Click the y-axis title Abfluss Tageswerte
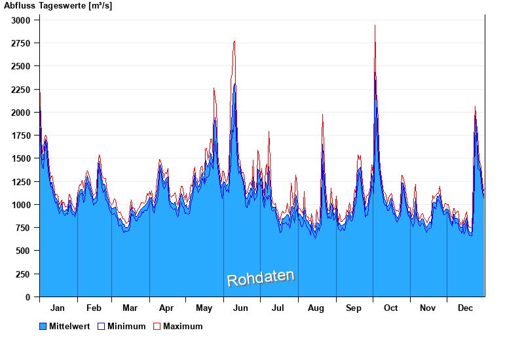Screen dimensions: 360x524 click(x=58, y=6)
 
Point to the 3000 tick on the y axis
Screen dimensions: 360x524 click(x=22, y=20)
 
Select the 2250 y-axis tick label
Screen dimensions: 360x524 click(x=22, y=90)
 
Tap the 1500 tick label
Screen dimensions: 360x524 click(x=22, y=159)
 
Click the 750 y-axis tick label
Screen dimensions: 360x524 click(x=24, y=228)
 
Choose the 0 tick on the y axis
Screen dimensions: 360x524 click(x=28, y=297)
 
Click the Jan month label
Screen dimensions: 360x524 click(x=58, y=308)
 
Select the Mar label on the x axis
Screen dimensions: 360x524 click(x=130, y=308)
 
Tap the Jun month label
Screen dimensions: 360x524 click(x=241, y=308)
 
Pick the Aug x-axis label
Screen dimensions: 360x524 click(x=316, y=308)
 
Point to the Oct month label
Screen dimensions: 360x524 click(x=391, y=308)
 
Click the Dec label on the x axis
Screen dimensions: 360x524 click(x=466, y=308)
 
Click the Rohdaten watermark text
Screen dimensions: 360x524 click(x=261, y=278)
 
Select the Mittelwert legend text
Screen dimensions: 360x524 click(x=69, y=327)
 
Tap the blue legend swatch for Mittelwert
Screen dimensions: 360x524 click(x=43, y=327)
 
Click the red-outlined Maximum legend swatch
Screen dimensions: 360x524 click(x=157, y=327)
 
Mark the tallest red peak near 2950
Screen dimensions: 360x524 click(x=375, y=26)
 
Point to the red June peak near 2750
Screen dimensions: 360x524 click(x=234, y=41)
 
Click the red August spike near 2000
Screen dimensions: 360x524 click(x=322, y=115)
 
